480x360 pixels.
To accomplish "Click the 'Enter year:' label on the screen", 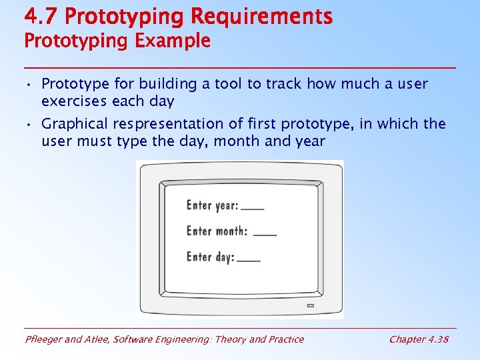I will tap(212, 205).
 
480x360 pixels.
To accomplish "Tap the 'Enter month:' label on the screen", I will tap(217, 231).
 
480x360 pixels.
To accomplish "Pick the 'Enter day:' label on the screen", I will tap(210, 257).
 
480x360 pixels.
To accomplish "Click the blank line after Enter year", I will tap(253, 209).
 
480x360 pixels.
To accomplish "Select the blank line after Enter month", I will tap(265, 235).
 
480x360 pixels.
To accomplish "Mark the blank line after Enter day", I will tap(249, 260).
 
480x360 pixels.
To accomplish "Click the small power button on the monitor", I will tap(310, 305).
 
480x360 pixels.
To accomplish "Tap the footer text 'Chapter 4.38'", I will tap(419, 339).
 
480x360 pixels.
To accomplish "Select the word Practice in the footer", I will tap(285, 339).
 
